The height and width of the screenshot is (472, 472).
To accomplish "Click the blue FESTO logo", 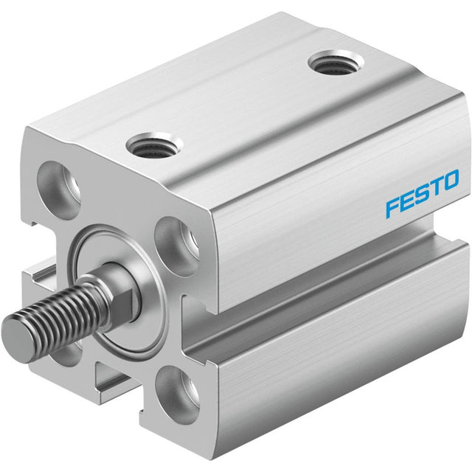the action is coord(422,192).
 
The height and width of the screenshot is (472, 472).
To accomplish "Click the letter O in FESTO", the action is coord(450,180).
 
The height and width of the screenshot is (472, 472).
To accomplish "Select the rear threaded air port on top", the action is coord(336,63).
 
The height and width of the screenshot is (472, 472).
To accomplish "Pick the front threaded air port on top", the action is coord(154,146).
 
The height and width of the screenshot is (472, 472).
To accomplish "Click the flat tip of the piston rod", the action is coord(16,341).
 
